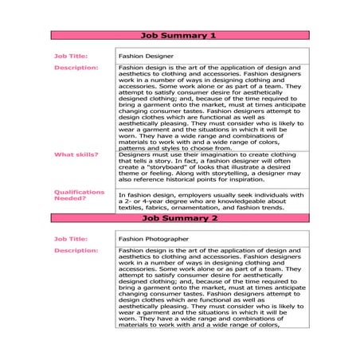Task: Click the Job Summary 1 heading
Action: tap(178, 36)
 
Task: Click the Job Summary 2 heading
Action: tap(178, 217)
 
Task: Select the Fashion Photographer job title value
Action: tap(154, 238)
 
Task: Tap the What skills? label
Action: tap(76, 154)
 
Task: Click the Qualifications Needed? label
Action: tap(79, 194)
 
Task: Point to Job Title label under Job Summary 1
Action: tap(70, 57)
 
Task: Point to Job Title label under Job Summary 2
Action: tap(70, 238)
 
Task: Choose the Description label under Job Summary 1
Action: tap(76, 68)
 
